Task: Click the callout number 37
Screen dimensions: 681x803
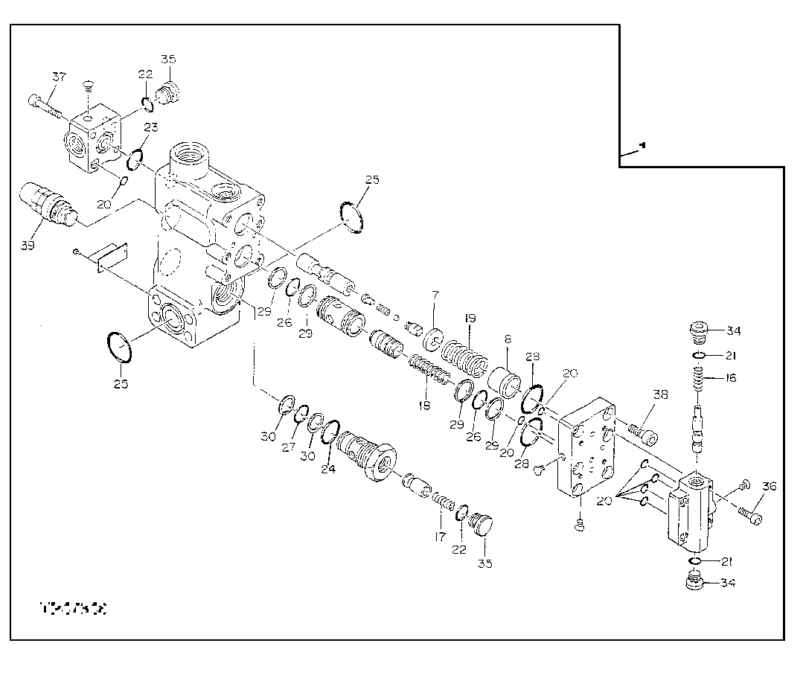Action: (x=58, y=77)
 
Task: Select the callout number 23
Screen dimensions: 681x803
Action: (x=150, y=127)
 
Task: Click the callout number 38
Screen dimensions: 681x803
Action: (x=639, y=395)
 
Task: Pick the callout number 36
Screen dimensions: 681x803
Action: (x=769, y=487)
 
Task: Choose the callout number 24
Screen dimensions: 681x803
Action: (x=328, y=469)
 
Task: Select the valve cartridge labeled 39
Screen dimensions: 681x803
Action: (x=46, y=204)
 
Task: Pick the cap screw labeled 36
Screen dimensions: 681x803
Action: (x=751, y=514)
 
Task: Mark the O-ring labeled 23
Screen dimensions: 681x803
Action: (x=135, y=159)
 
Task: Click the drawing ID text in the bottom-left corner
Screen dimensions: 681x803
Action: (x=73, y=609)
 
